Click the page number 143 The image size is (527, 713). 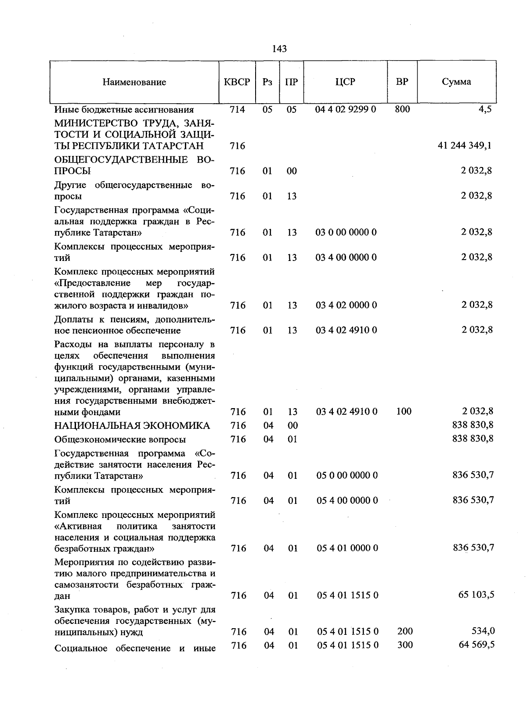pyautogui.click(x=279, y=49)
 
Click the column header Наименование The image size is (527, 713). pyautogui.click(x=134, y=82)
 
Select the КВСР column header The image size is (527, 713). pyautogui.click(x=237, y=82)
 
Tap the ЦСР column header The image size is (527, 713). pyautogui.click(x=345, y=82)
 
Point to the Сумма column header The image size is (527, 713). pyautogui.click(x=456, y=82)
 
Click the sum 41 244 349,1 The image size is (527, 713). pyautogui.click(x=465, y=146)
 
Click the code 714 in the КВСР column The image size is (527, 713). pyautogui.click(x=237, y=109)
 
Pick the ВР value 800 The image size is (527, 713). pyautogui.click(x=402, y=109)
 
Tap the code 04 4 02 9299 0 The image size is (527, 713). pyautogui.click(x=346, y=109)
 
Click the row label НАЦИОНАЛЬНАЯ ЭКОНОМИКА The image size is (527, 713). pyautogui.click(x=132, y=425)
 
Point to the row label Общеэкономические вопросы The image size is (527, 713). pyautogui.click(x=120, y=439)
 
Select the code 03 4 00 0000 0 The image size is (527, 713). pyautogui.click(x=346, y=257)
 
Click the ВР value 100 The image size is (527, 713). pyautogui.click(x=404, y=412)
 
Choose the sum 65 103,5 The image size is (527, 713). pyautogui.click(x=476, y=595)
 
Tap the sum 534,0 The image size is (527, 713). pyautogui.click(x=483, y=631)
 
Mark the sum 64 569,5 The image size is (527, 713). pyautogui.click(x=476, y=645)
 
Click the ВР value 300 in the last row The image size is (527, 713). pyautogui.click(x=404, y=645)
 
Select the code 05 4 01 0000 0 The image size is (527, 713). pyautogui.click(x=347, y=548)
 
